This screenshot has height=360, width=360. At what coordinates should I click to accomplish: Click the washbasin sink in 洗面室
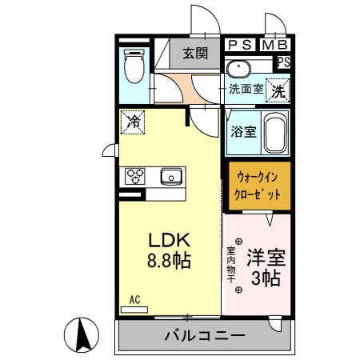[238, 68]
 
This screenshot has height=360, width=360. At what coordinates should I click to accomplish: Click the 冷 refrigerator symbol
[131, 122]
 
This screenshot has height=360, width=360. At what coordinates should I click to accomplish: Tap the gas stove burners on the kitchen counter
[134, 175]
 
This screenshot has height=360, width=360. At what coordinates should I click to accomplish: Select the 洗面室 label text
[246, 89]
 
